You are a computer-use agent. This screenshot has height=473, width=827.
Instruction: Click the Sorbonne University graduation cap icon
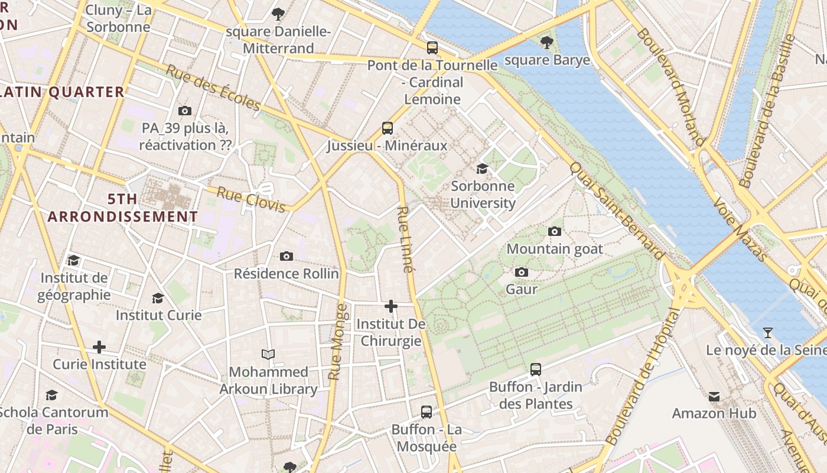pos(483,169)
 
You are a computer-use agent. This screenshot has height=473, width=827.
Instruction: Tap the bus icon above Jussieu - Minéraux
pos(388,128)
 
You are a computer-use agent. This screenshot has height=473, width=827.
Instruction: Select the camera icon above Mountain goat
pos(555,231)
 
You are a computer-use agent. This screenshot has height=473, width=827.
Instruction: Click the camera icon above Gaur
pos(522,272)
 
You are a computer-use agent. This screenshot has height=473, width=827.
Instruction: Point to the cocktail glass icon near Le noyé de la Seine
pos(767,333)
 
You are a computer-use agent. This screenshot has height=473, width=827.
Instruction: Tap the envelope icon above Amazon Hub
pos(714,396)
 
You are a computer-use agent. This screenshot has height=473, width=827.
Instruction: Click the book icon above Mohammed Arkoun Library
pos(268,355)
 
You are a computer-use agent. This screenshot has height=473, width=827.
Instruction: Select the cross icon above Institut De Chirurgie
pos(391,306)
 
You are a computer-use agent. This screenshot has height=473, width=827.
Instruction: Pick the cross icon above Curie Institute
pos(99,347)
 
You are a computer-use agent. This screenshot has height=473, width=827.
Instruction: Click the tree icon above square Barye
pos(547,43)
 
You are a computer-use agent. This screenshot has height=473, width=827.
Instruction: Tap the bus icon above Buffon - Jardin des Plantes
pos(536,370)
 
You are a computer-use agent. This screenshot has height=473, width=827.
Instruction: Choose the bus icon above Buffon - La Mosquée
pos(426,412)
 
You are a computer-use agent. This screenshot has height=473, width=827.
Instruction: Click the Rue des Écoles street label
pos(213,88)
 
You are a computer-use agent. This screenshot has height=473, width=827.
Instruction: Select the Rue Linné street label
pos(404,239)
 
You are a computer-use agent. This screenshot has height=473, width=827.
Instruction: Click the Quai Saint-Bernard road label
pos(617,210)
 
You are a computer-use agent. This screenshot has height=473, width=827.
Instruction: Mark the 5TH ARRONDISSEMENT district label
pos(123,208)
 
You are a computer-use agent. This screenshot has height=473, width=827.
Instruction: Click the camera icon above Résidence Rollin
pos(286,256)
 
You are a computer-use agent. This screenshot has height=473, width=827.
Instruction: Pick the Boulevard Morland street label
pos(671,86)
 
